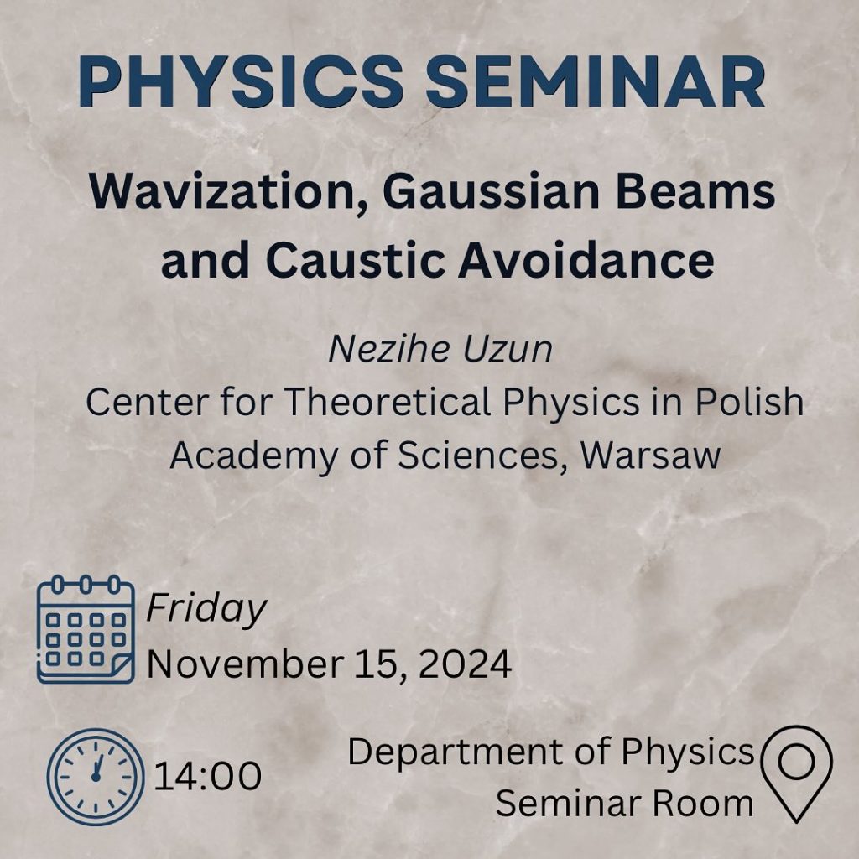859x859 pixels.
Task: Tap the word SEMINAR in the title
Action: point(595,81)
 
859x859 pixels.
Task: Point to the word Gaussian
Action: point(491,192)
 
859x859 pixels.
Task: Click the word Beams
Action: point(695,192)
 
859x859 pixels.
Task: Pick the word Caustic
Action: point(355,260)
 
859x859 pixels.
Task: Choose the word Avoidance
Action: point(586,260)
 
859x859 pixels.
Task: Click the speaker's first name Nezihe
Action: point(388,349)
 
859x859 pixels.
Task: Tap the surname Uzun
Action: point(508,349)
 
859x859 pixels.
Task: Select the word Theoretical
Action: point(388,402)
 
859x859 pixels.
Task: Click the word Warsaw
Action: point(650,456)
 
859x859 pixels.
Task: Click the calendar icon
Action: point(86,629)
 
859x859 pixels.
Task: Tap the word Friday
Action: point(206,609)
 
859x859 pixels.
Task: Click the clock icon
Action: point(96,777)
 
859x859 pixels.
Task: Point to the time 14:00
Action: point(208,776)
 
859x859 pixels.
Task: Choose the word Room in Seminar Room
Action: point(703,804)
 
